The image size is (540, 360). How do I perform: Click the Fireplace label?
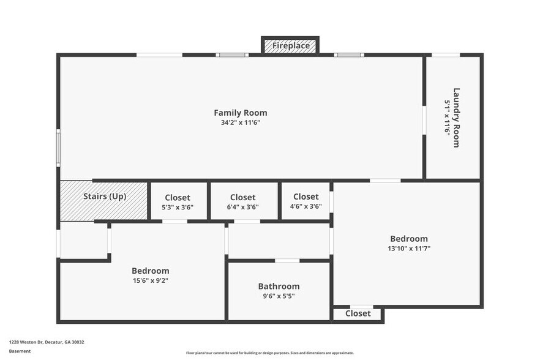290,46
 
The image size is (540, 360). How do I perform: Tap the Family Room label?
240,113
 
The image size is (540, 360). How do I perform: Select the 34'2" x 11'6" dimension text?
240,122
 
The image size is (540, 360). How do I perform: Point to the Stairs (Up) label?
105,197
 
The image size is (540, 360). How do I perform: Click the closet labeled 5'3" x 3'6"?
178,202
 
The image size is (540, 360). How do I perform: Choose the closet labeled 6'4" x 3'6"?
242,202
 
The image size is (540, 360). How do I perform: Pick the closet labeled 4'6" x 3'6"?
306,201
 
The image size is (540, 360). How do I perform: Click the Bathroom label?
279,286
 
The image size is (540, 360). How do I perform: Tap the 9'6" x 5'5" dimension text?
279,296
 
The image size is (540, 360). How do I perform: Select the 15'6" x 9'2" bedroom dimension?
150,281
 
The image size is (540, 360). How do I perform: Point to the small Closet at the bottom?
358,313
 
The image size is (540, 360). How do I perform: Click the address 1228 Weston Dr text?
47,342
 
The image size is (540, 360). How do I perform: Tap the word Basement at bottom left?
20,351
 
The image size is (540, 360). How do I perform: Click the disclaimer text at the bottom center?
269,353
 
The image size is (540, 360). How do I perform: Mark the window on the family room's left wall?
58,148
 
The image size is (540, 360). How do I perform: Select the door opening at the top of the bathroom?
287,261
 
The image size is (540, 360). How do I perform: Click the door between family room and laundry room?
424,121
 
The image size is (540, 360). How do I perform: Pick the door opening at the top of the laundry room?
446,55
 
